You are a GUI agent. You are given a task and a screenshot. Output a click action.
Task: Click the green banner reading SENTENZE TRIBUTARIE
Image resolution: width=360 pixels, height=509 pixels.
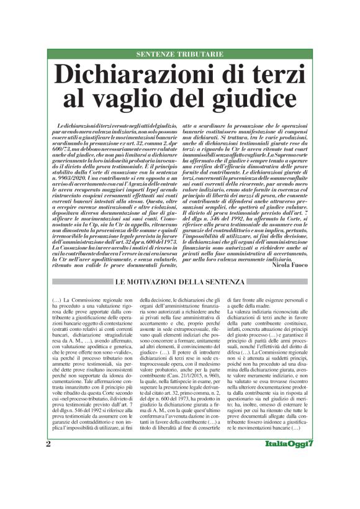pos(180,55)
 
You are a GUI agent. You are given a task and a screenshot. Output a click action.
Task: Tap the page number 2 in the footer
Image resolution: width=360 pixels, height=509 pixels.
pos(48,496)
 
